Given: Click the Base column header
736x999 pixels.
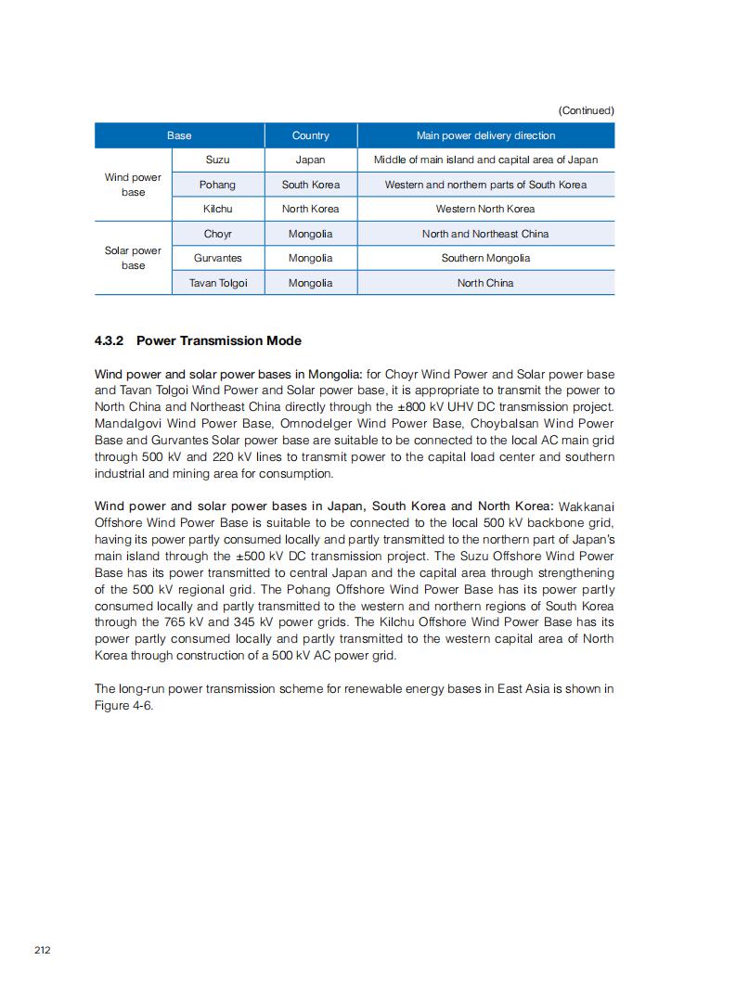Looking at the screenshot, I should (x=179, y=135).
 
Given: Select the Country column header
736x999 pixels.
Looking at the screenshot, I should (x=310, y=135).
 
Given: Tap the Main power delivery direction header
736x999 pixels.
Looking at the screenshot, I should (x=485, y=135).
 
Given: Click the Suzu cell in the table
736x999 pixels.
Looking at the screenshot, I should (x=218, y=160).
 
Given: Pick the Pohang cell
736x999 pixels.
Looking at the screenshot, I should (x=218, y=185).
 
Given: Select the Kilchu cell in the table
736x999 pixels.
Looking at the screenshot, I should (x=218, y=209).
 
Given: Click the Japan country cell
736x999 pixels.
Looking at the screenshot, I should (x=310, y=160).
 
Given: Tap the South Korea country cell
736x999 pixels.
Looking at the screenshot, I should (x=310, y=185).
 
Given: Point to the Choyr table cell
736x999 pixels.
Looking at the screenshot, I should (x=218, y=234).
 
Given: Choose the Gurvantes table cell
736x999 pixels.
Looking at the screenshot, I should (x=218, y=258).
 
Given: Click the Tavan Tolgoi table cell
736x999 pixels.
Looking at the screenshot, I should (x=218, y=283).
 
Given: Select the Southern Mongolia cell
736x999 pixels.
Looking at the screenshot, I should (x=485, y=258).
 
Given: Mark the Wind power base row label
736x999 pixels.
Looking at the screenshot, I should (x=133, y=185).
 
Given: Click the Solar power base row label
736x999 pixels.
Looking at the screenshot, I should (x=133, y=258).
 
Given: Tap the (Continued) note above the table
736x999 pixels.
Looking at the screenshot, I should (x=586, y=110).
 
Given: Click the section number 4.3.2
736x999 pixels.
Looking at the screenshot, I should (x=109, y=340).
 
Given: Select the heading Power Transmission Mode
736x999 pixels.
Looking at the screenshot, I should (x=218, y=340).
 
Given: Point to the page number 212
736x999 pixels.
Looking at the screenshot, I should (x=43, y=950).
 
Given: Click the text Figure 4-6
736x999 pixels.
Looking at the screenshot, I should (x=123, y=705).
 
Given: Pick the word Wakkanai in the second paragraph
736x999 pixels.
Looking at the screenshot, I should (x=587, y=506).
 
